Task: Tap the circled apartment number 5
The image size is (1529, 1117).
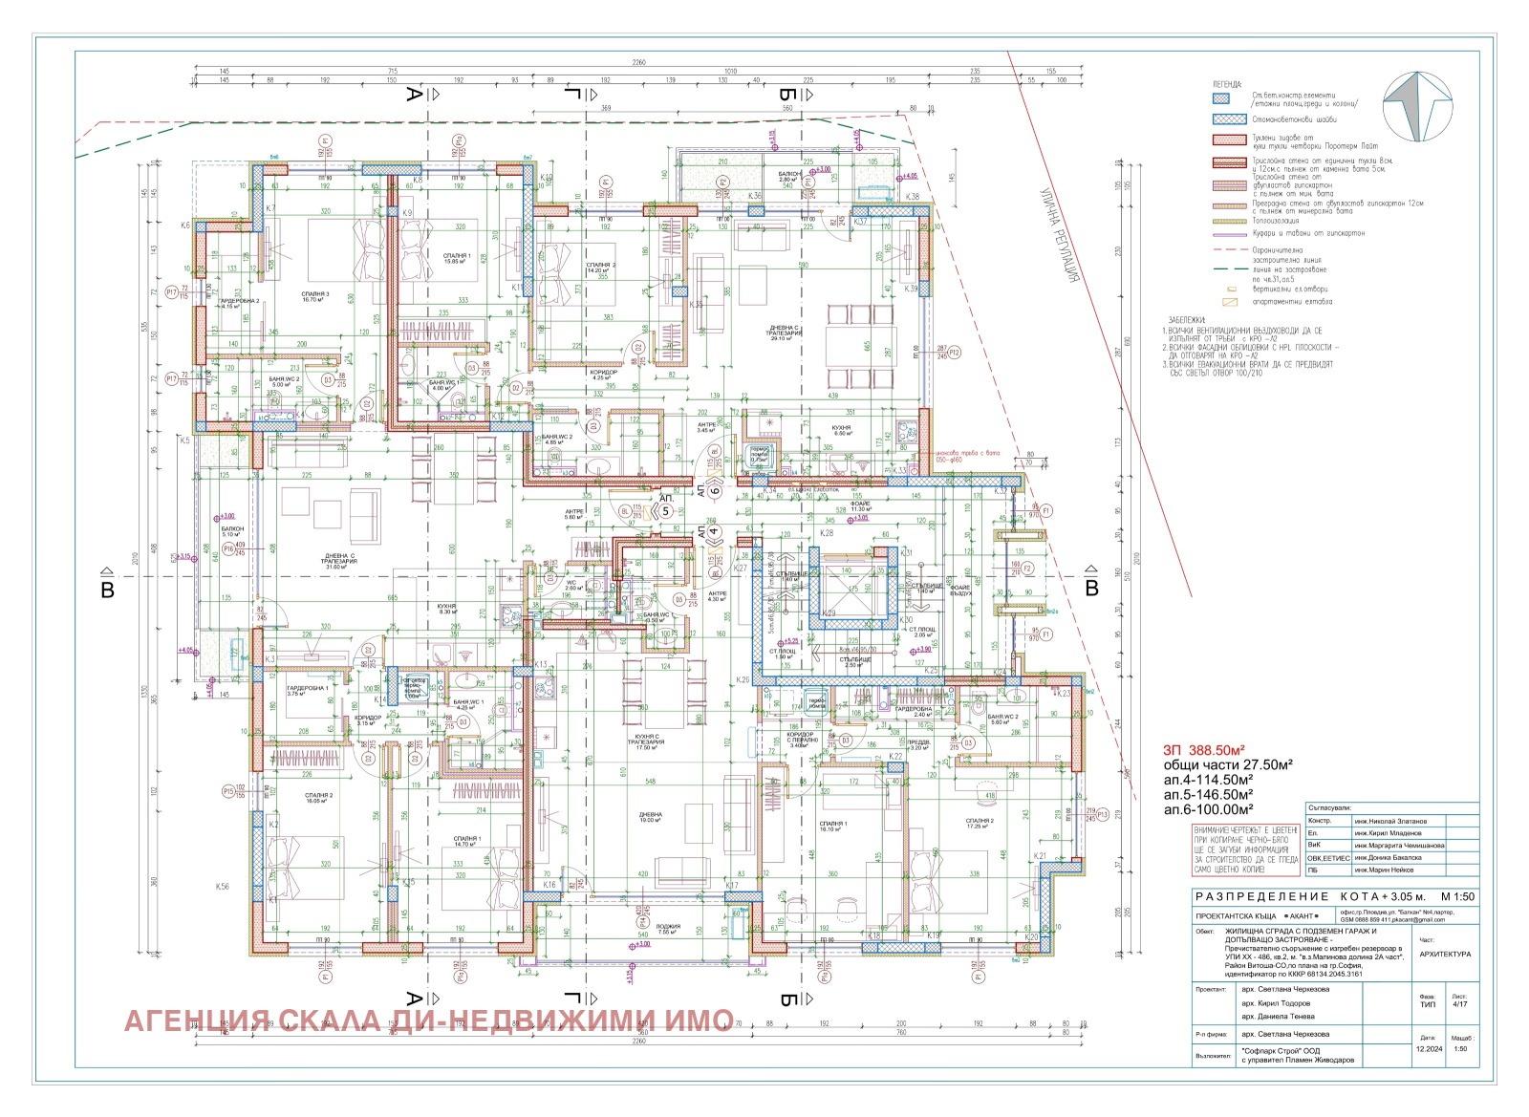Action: [666, 511]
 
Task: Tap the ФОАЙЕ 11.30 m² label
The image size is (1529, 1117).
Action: [860, 508]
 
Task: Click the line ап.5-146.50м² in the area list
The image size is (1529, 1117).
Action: [1208, 794]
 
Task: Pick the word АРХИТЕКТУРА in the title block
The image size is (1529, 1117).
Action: [1446, 954]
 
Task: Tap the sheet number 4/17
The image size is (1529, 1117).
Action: [1459, 1002]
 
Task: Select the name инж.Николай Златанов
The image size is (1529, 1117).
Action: [1391, 821]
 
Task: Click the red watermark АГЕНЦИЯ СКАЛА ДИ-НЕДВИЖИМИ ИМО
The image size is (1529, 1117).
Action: [429, 1020]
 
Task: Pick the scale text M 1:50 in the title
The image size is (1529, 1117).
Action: [1457, 896]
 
